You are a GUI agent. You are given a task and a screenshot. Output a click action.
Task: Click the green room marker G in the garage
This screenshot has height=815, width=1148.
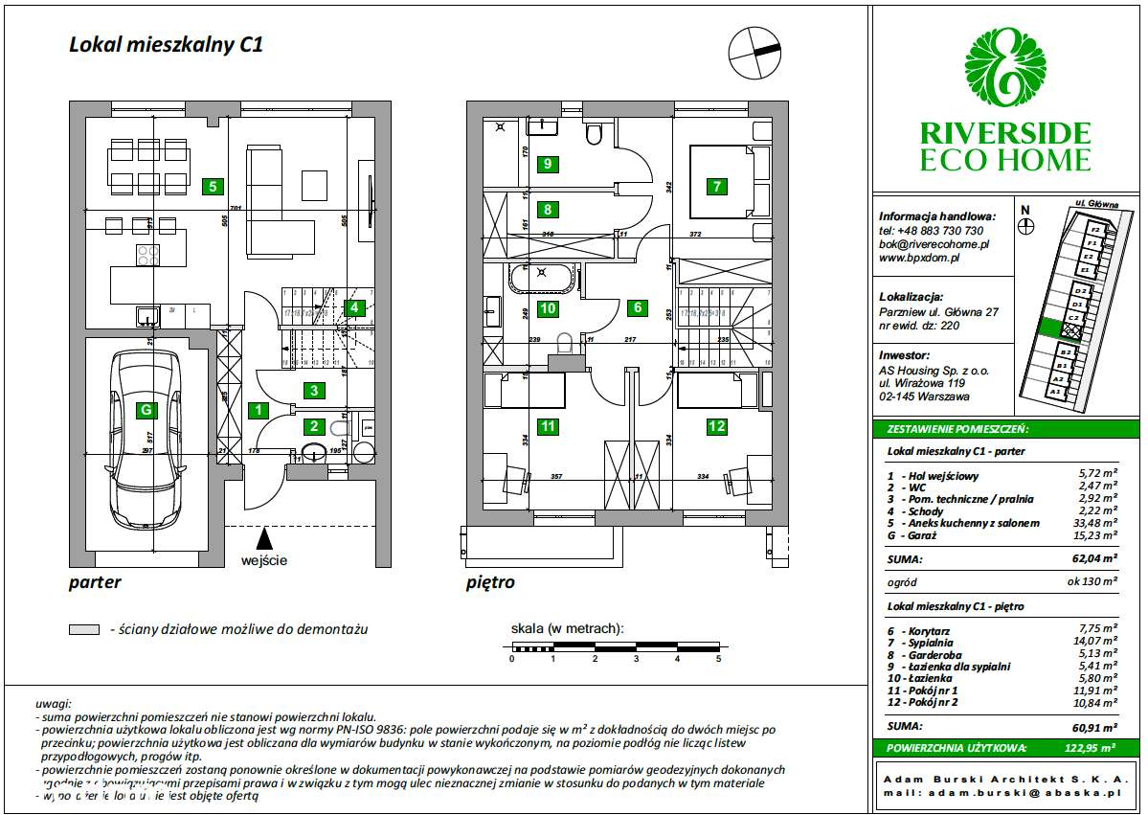tap(146, 411)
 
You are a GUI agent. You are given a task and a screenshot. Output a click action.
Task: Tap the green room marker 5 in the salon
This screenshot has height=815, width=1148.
tap(213, 187)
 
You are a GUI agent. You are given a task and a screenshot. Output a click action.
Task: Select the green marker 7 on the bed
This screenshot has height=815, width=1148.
tap(717, 187)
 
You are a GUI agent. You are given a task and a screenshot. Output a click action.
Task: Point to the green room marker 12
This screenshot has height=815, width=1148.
tap(716, 426)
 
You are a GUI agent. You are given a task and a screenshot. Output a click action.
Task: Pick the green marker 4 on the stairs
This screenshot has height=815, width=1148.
tap(354, 307)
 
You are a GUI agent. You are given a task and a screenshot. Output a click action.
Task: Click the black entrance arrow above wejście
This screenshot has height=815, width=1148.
tap(264, 539)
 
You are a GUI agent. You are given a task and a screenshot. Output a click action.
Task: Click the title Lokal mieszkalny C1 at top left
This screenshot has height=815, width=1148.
tap(165, 44)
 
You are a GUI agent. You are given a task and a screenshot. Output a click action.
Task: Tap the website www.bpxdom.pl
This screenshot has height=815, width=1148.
tap(919, 258)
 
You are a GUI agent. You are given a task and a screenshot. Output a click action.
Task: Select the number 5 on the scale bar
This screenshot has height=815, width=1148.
tap(718, 659)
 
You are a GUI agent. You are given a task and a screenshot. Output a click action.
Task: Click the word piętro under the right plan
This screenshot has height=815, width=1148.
tap(490, 582)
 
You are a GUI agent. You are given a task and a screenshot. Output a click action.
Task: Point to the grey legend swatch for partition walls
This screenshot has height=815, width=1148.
tap(84, 630)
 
